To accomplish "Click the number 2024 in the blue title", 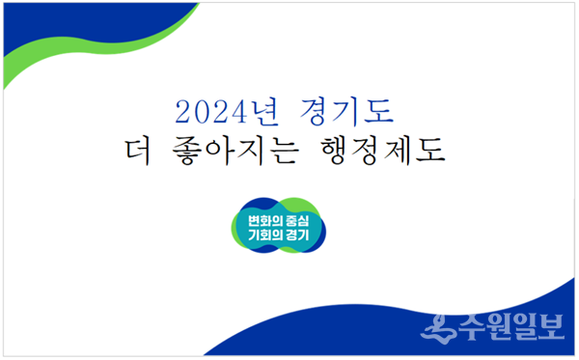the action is click(210, 112).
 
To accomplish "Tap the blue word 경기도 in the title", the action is click(346, 111).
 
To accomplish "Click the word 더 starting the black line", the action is click(138, 151).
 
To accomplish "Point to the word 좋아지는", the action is click(234, 151).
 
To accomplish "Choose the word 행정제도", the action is click(383, 151).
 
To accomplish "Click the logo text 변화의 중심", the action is click(279, 221).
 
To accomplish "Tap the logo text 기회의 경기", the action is click(279, 235).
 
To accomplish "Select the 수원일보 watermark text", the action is click(511, 327).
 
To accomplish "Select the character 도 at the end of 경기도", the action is click(379, 111).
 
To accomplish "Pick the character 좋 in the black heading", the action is click(187, 152).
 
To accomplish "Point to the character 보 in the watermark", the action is click(551, 327).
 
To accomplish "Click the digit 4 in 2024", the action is click(238, 112).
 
